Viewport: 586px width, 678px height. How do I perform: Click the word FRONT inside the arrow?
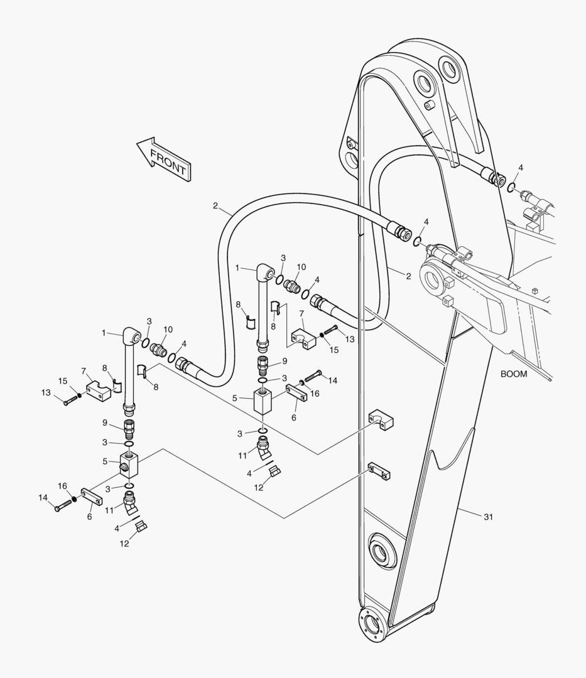coord(168,161)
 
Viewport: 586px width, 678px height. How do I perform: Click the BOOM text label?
coord(513,374)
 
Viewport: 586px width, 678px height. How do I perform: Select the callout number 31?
coord(489,517)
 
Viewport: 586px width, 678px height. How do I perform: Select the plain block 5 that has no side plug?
coord(261,399)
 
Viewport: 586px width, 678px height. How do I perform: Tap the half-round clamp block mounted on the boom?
coord(381,419)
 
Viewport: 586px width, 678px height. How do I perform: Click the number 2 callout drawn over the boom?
coord(408,276)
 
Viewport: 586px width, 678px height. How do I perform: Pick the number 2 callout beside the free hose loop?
coord(215,205)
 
